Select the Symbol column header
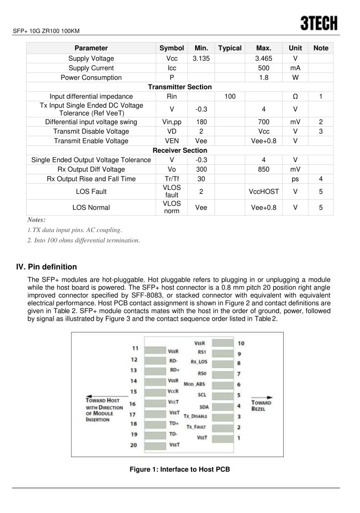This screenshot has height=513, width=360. tap(172, 48)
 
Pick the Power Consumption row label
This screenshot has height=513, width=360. tap(91, 77)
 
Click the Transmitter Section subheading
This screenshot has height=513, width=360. tap(179, 87)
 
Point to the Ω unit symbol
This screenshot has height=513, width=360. tap(295, 97)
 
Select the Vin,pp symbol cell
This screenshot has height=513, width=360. tap(172, 121)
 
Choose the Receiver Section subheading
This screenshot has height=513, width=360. tap(179, 150)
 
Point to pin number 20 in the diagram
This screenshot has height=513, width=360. tap(134, 445)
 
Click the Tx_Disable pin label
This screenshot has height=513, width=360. tap(196, 417)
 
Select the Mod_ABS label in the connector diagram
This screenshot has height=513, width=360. tap(196, 384)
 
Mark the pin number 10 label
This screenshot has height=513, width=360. tap(241, 343)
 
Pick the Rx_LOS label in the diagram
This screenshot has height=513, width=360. tap(199, 361)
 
